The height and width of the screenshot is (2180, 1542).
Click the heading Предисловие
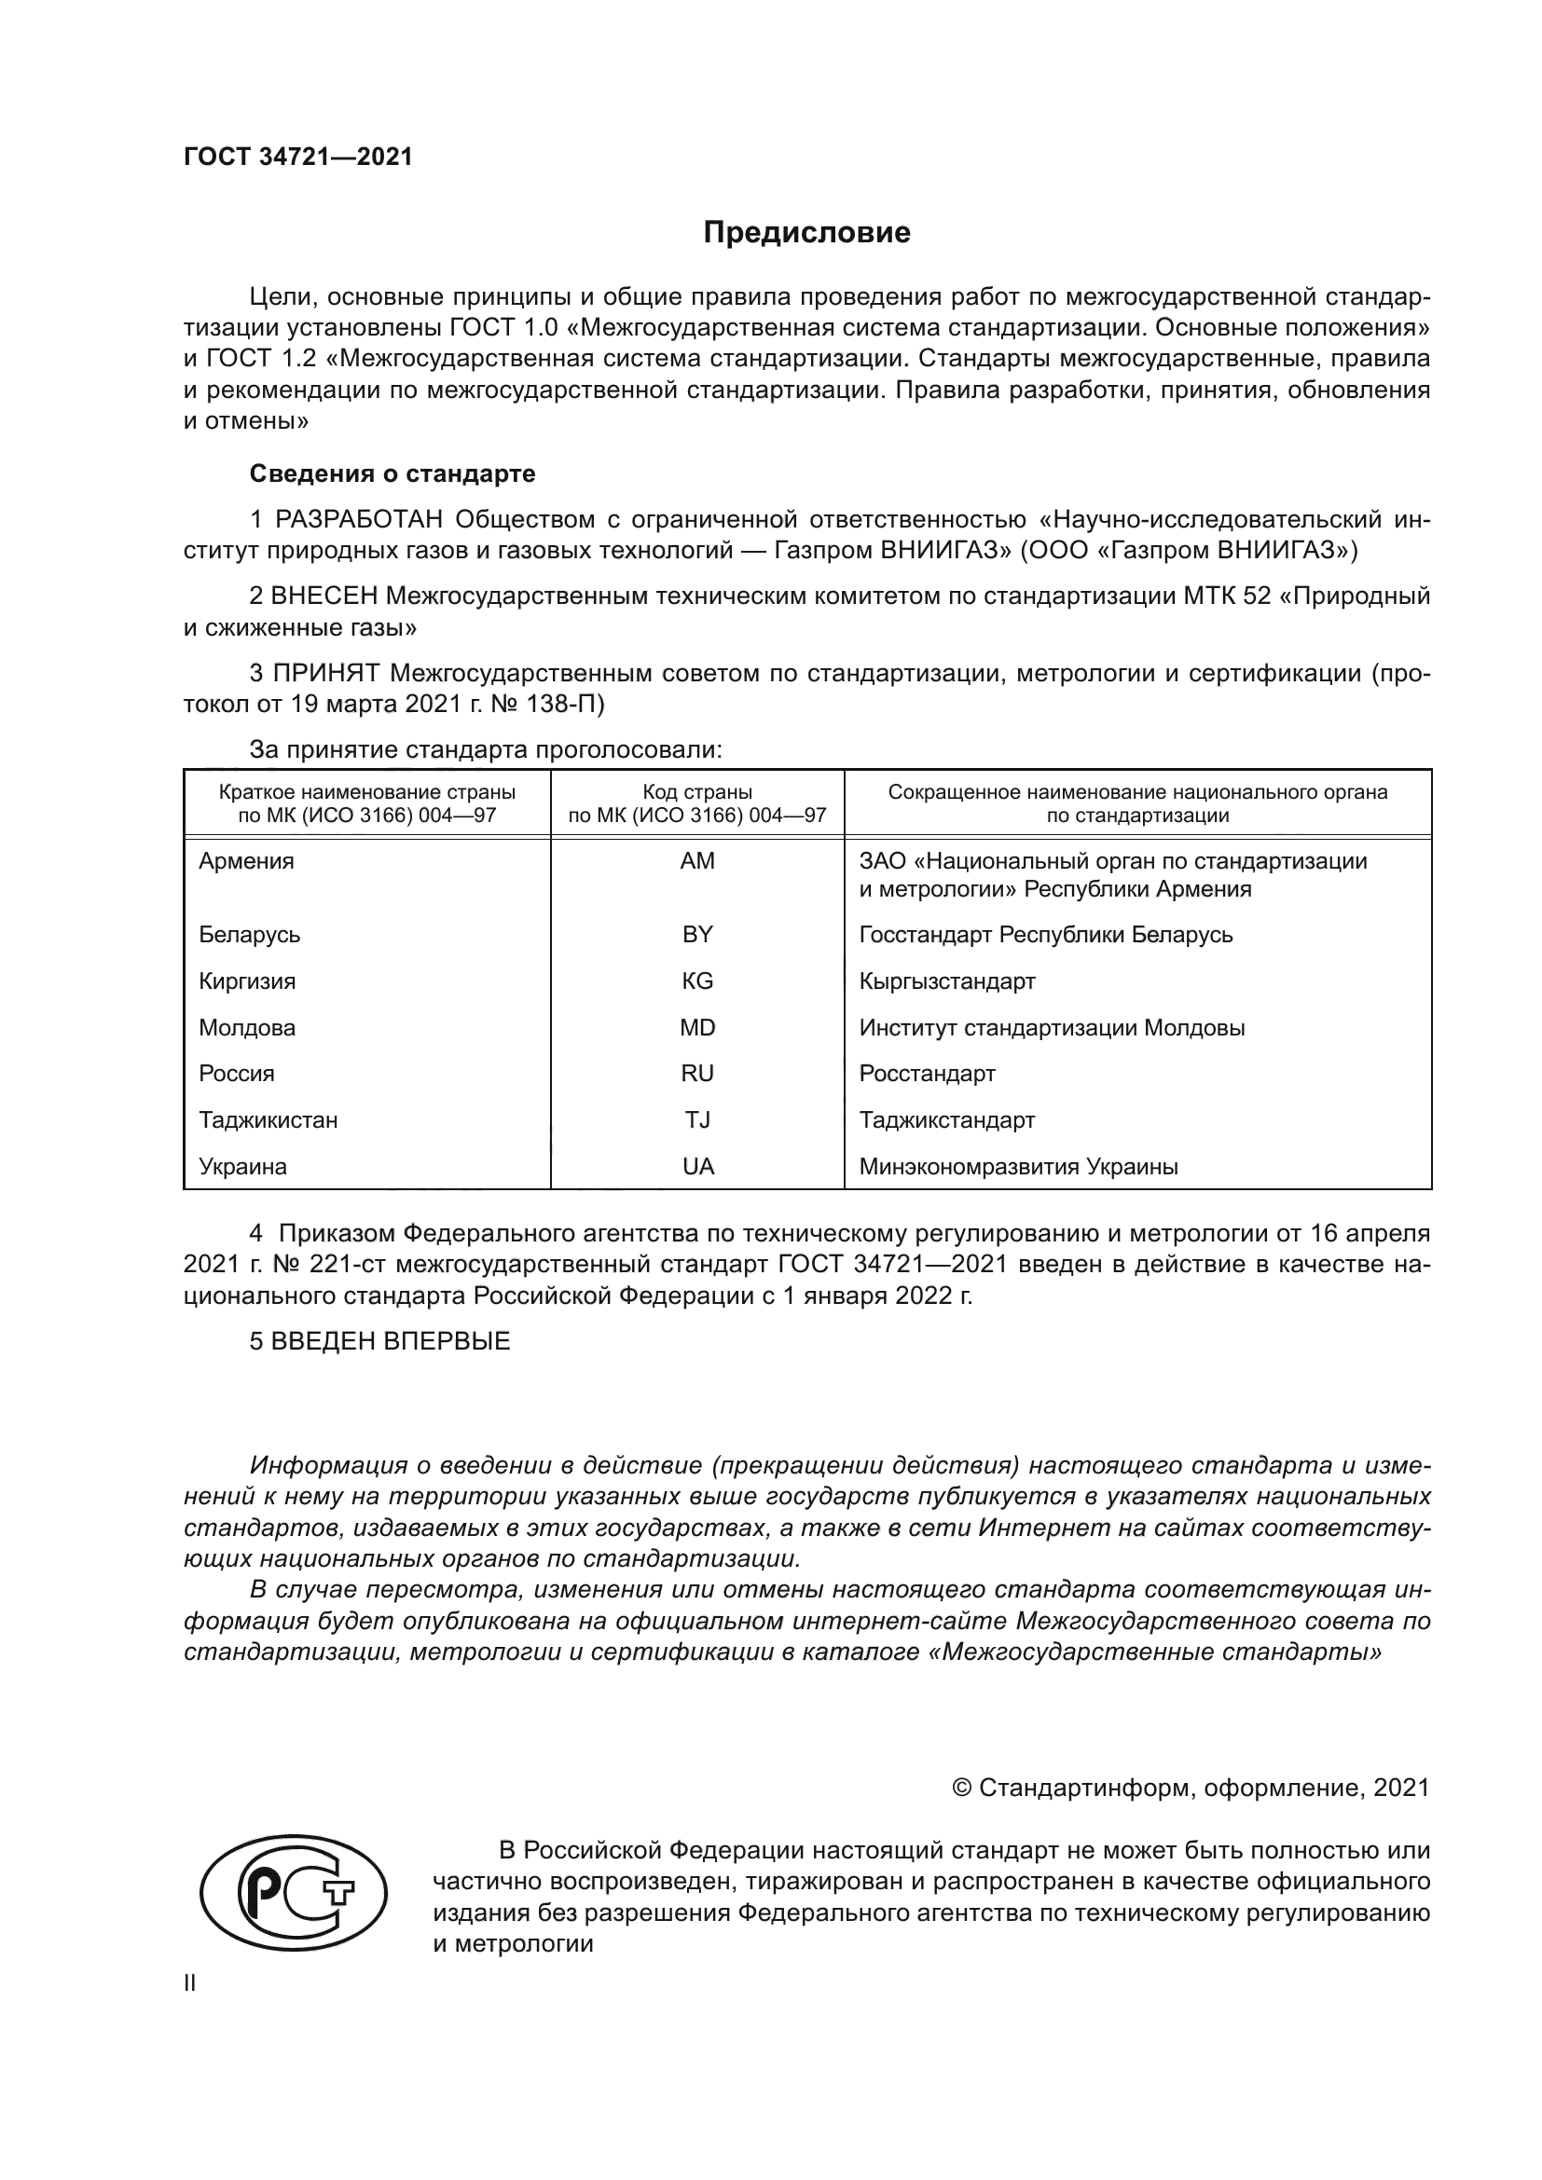click(x=806, y=233)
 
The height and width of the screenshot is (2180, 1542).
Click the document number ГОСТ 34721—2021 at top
click(x=298, y=158)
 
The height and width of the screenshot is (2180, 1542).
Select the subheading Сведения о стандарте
click(x=392, y=473)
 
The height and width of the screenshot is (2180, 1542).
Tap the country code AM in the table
click(x=697, y=861)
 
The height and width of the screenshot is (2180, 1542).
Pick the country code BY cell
click(x=697, y=934)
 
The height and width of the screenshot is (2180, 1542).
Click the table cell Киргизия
click(x=247, y=980)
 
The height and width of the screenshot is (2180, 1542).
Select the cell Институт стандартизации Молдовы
click(x=1051, y=1027)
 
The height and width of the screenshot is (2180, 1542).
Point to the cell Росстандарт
click(x=927, y=1074)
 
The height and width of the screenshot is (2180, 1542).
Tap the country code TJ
click(x=697, y=1120)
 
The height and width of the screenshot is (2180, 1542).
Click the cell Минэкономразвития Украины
click(x=1018, y=1167)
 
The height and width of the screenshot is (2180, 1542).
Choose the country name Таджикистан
click(x=268, y=1120)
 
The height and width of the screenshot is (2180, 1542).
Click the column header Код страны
click(x=697, y=792)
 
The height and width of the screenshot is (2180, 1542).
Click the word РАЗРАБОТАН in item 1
click(x=359, y=519)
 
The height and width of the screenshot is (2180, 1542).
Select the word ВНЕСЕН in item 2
click(x=324, y=596)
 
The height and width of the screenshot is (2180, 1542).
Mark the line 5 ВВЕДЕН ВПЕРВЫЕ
click(x=379, y=1340)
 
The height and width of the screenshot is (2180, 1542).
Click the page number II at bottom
click(x=190, y=1982)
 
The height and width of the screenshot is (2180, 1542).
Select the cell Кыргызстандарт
click(x=946, y=980)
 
